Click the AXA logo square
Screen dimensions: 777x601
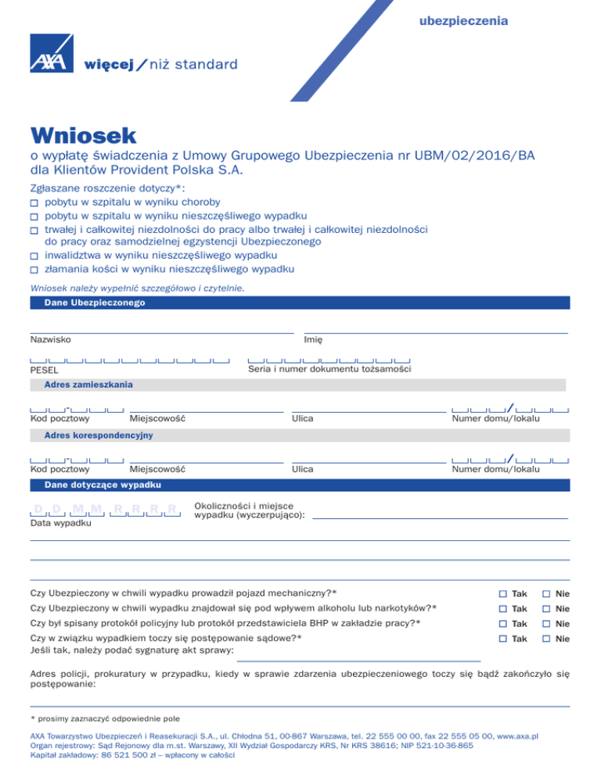pyautogui.click(x=51, y=56)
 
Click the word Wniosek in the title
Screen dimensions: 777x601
pyautogui.click(x=84, y=137)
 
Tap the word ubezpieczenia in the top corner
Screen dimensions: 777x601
pyautogui.click(x=463, y=20)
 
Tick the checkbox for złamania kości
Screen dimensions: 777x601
pyautogui.click(x=34, y=270)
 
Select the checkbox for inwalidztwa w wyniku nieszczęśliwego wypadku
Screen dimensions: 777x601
pyautogui.click(x=34, y=256)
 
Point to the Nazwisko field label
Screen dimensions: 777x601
pyautogui.click(x=51, y=339)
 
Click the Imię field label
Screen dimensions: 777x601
pyautogui.click(x=314, y=339)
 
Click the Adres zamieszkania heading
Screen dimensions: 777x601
pyautogui.click(x=88, y=385)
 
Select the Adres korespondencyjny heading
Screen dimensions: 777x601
pyautogui.click(x=98, y=434)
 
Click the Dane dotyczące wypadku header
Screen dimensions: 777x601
pyautogui.click(x=99, y=485)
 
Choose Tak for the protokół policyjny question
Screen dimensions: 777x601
pyautogui.click(x=503, y=624)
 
